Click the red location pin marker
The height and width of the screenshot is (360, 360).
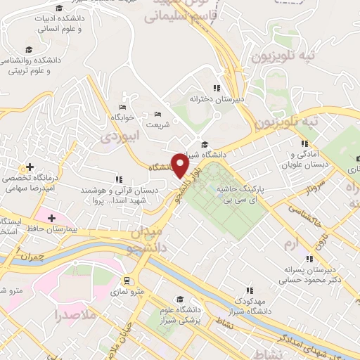(181, 166)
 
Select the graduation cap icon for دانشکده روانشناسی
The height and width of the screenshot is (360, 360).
(29, 49)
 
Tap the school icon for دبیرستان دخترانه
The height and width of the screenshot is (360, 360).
(217, 88)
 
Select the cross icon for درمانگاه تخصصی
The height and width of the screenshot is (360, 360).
(29, 168)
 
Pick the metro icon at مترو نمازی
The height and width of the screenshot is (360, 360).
(127, 280)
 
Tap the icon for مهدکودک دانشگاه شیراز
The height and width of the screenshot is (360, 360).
(249, 289)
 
